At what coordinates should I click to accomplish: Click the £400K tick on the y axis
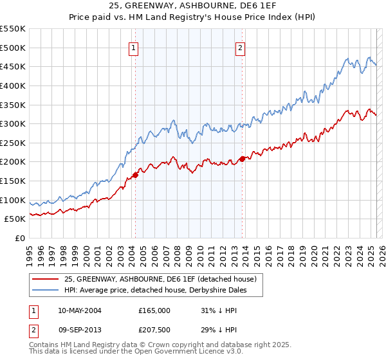point(14,85)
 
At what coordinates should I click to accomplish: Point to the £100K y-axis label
point(14,200)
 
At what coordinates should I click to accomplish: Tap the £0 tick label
point(21,238)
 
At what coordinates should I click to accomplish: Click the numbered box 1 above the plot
point(133,47)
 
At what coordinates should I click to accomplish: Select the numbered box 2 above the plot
point(240,47)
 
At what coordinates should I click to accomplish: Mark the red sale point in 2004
point(136,175)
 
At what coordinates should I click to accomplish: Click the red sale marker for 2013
point(242,159)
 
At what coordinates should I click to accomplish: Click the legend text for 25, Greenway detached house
point(161,279)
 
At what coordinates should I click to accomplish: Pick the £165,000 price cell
point(154,310)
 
